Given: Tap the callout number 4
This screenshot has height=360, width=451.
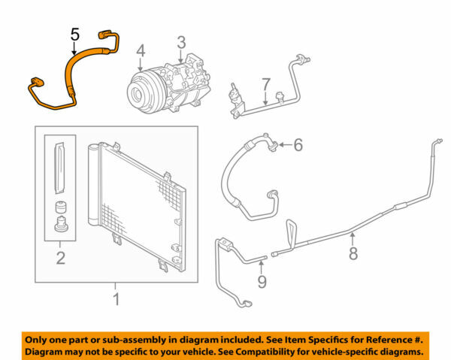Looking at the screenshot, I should (x=141, y=51).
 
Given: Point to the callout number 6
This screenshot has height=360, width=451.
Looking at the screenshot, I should (x=298, y=144).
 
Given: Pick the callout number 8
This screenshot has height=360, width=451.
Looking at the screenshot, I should (x=353, y=253).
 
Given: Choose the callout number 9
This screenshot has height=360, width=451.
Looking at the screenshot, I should (x=262, y=282).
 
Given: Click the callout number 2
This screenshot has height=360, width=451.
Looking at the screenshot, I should (x=60, y=259).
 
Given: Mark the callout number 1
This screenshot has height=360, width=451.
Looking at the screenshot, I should (x=115, y=301).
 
